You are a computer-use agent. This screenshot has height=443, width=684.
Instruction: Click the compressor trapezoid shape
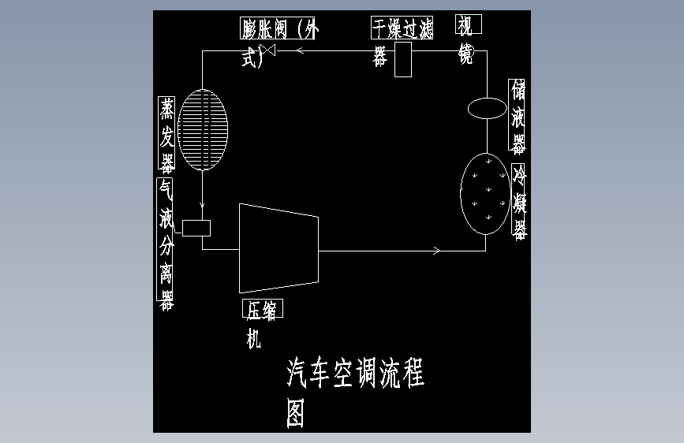[x=278, y=248]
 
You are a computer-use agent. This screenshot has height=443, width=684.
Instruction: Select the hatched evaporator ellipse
[x=203, y=131]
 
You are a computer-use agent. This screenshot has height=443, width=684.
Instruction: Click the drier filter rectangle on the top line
[x=403, y=59]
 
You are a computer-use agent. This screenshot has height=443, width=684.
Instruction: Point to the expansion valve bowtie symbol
[x=269, y=51]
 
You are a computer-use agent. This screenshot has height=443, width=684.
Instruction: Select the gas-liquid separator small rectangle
[x=196, y=228]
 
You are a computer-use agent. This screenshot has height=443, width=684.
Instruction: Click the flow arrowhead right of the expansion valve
[x=301, y=51]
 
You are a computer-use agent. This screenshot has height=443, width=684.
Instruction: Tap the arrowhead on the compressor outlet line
[x=436, y=251]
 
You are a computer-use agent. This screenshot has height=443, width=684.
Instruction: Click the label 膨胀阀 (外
[x=280, y=29]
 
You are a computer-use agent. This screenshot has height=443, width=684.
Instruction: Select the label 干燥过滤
[x=402, y=28]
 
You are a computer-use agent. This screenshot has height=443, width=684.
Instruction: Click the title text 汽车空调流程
[x=355, y=373]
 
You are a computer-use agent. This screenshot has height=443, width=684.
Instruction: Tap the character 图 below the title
[x=295, y=412]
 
